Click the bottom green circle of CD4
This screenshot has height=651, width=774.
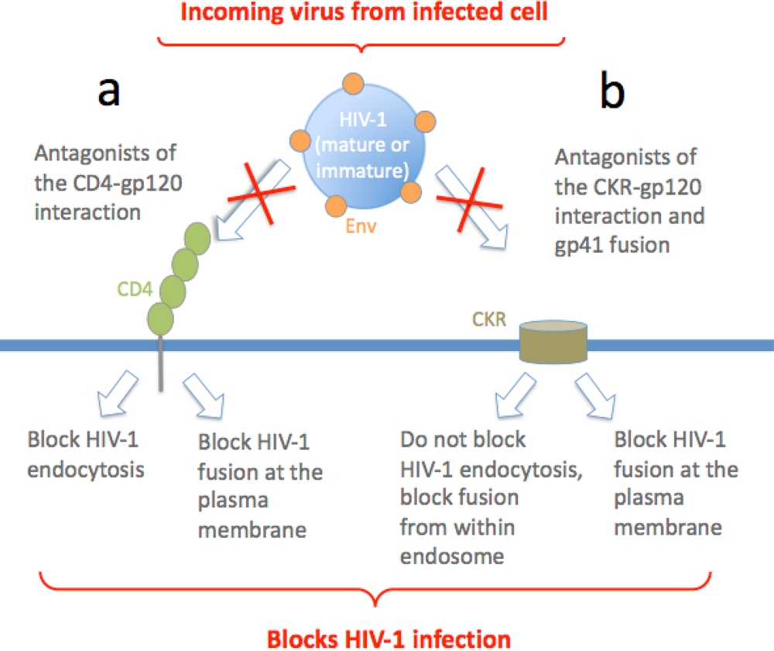(x=160, y=318)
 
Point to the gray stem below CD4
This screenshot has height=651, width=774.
(x=161, y=364)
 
